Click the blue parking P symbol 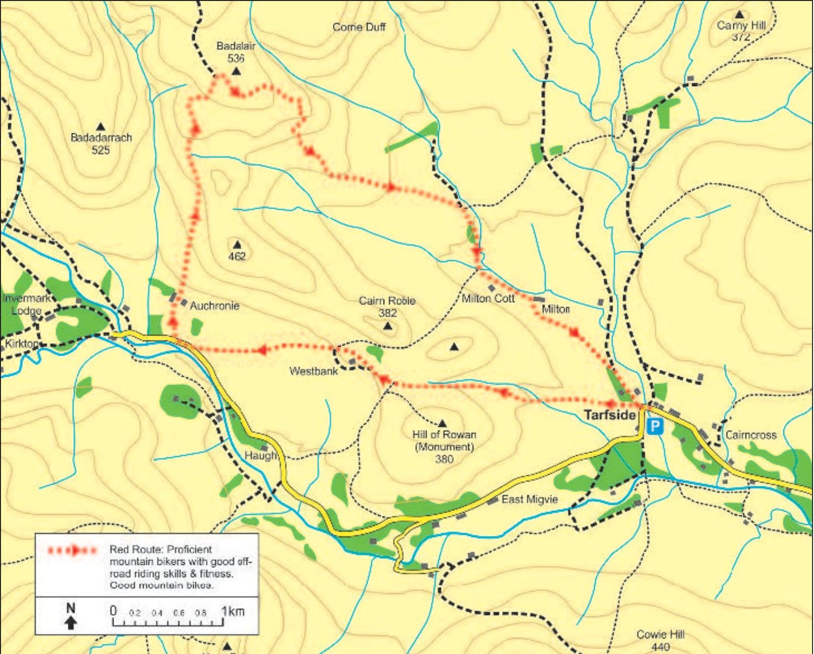[x=655, y=426]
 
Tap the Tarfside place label [x=610, y=415]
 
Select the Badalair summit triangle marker [x=236, y=72]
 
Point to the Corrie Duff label [x=359, y=27]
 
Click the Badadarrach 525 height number [x=101, y=150]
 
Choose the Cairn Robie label [x=387, y=300]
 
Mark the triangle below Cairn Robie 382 [x=388, y=326]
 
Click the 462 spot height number [x=237, y=256]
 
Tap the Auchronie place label [x=214, y=306]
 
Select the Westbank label [x=313, y=371]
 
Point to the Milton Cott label [x=488, y=298]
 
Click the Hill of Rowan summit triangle [x=442, y=423]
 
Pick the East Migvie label [x=530, y=500]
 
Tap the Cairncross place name [x=751, y=435]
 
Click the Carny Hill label [x=741, y=26]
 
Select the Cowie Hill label [x=660, y=634]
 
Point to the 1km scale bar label [x=233, y=611]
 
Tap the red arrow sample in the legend [x=72, y=550]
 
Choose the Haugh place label [x=261, y=456]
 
